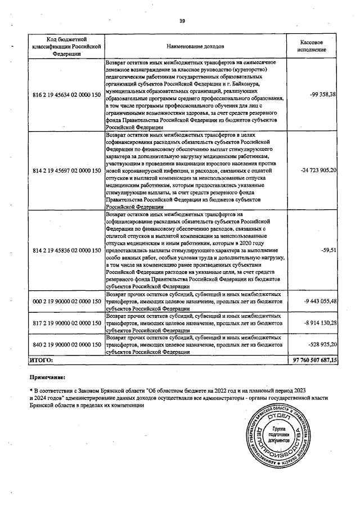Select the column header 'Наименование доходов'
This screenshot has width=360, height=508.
point(195,46)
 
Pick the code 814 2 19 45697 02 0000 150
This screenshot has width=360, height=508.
point(67,170)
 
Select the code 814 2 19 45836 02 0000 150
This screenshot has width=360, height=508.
point(67,249)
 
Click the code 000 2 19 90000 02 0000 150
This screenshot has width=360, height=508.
point(67,302)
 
